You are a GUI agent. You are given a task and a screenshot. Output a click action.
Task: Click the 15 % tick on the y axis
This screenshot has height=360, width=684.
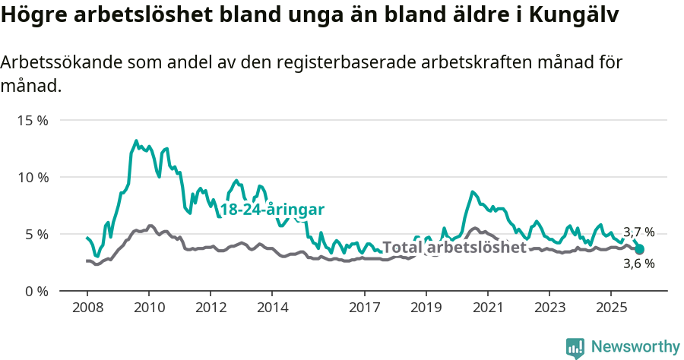[33, 121]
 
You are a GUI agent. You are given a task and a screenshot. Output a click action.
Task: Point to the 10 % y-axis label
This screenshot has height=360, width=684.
[33, 178]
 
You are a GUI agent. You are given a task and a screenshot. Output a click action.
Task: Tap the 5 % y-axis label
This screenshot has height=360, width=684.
[36, 234]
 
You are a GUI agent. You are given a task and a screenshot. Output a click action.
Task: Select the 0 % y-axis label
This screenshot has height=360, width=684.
[36, 291]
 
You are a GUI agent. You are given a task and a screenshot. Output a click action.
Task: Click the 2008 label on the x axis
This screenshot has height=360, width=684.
[87, 308]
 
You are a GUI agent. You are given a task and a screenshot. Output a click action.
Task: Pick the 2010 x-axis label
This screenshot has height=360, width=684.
[148, 308]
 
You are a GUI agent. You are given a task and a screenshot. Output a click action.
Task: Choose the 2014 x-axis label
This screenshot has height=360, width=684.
[271, 308]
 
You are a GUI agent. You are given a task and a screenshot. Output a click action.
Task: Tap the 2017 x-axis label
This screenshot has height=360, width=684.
[364, 308]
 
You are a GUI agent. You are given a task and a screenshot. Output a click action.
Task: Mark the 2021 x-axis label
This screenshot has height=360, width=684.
[487, 308]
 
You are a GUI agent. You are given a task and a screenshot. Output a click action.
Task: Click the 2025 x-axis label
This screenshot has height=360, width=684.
[610, 308]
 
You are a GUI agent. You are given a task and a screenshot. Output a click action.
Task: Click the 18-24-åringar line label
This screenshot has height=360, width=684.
[272, 210]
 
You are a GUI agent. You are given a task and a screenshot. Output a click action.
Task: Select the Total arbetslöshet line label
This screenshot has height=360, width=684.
[454, 248]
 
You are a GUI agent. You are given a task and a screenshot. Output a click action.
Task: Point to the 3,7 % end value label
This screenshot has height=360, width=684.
[638, 232]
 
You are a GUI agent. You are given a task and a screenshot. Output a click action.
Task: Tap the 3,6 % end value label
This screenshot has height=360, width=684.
[638, 264]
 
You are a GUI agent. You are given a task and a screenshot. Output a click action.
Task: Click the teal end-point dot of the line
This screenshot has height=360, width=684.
[640, 249]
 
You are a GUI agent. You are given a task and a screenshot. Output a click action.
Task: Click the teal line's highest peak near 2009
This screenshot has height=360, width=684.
[136, 141]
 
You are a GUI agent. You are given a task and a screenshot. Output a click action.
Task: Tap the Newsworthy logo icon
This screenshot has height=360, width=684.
[575, 348]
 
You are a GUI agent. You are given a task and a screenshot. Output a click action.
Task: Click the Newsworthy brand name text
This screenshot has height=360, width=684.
[635, 347]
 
